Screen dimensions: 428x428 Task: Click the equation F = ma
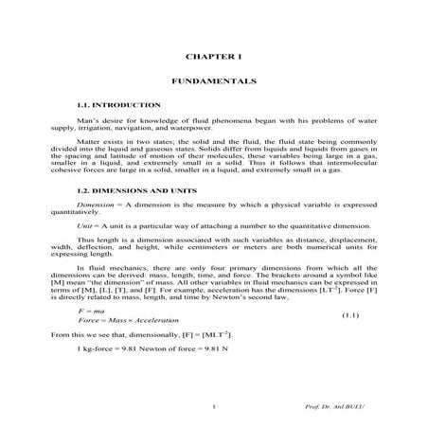[92, 310]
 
